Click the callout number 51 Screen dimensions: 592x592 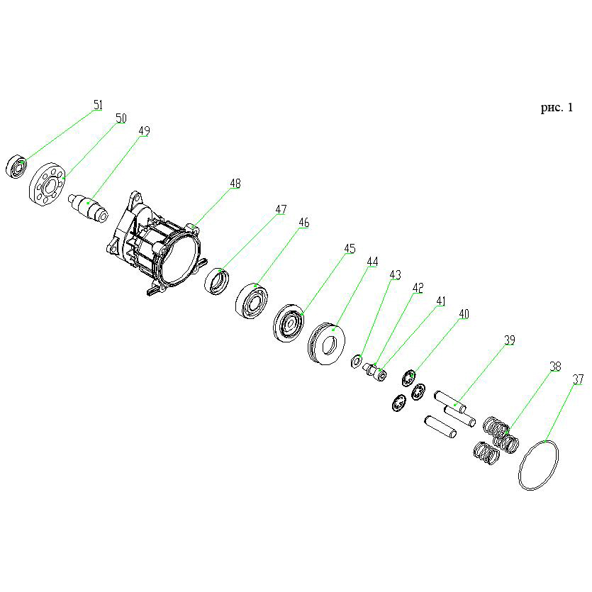tap(98, 105)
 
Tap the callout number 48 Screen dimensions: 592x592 tap(235, 184)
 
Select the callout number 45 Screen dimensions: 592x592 tap(350, 248)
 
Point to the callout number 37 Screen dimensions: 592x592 tap(578, 379)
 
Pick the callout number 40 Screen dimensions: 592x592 tap(464, 314)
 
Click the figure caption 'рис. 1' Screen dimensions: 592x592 tap(557, 108)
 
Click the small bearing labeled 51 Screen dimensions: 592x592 tap(16, 167)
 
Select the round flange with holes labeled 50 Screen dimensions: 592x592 tap(48, 184)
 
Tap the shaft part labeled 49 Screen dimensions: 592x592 tap(89, 208)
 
